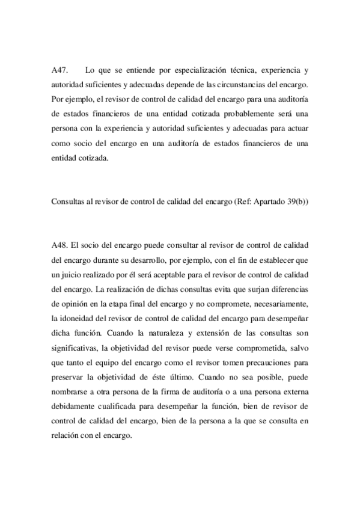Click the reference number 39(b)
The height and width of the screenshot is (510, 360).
click(x=296, y=201)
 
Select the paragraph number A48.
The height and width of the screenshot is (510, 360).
click(x=60, y=246)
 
